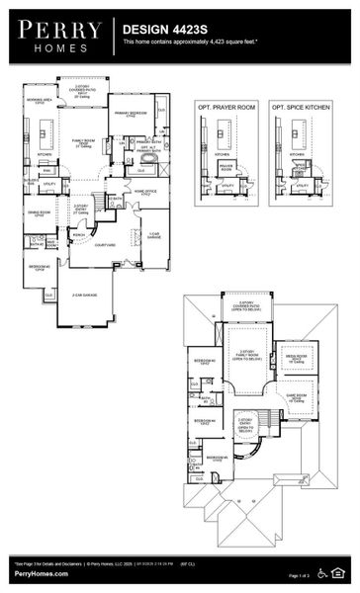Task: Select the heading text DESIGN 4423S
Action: (x=156, y=32)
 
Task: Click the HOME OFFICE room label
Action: (x=145, y=192)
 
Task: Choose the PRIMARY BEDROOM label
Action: (x=133, y=113)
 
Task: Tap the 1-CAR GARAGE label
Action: (x=154, y=235)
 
